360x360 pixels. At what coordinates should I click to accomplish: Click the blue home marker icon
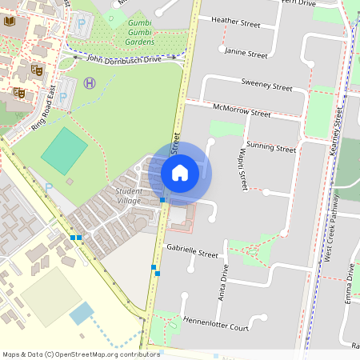tap(180, 171)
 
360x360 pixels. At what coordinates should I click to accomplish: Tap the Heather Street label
tap(235, 21)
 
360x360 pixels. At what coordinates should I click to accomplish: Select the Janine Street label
tap(246, 54)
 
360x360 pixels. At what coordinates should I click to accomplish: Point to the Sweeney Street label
tap(267, 85)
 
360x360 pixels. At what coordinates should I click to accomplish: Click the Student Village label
tap(129, 196)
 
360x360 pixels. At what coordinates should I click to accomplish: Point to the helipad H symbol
tap(90, 82)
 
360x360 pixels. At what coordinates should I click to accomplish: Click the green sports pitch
tap(64, 150)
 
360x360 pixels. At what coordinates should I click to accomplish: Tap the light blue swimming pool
tap(81, 313)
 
